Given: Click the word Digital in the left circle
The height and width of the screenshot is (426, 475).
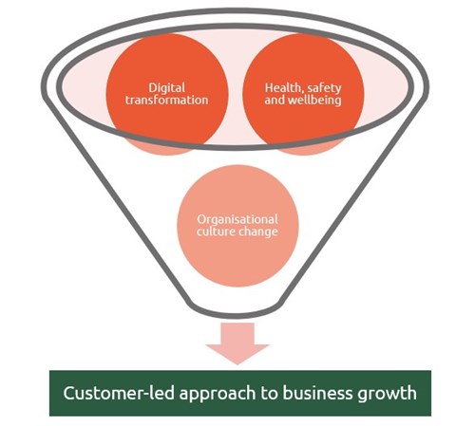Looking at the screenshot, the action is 167,88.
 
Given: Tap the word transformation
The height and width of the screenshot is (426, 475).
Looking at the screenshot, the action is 167,100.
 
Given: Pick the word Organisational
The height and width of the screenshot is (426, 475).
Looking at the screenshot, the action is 237,219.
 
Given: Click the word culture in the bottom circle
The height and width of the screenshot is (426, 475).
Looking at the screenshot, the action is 216,232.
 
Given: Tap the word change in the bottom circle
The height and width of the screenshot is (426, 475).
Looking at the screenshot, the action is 258,232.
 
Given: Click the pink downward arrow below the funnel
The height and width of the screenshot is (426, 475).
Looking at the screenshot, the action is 237,343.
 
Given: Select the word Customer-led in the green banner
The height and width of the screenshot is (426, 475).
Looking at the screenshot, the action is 119,393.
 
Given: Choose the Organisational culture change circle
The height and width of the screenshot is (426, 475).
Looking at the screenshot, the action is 237,226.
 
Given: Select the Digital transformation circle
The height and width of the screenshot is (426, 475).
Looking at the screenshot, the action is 167,94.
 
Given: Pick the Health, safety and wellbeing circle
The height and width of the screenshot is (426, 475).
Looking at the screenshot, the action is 303,94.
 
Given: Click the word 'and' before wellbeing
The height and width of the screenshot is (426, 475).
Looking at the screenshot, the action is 275,101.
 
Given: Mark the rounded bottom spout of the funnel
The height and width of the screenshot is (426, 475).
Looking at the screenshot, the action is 237,311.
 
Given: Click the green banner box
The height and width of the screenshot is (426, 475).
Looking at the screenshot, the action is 240,393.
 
